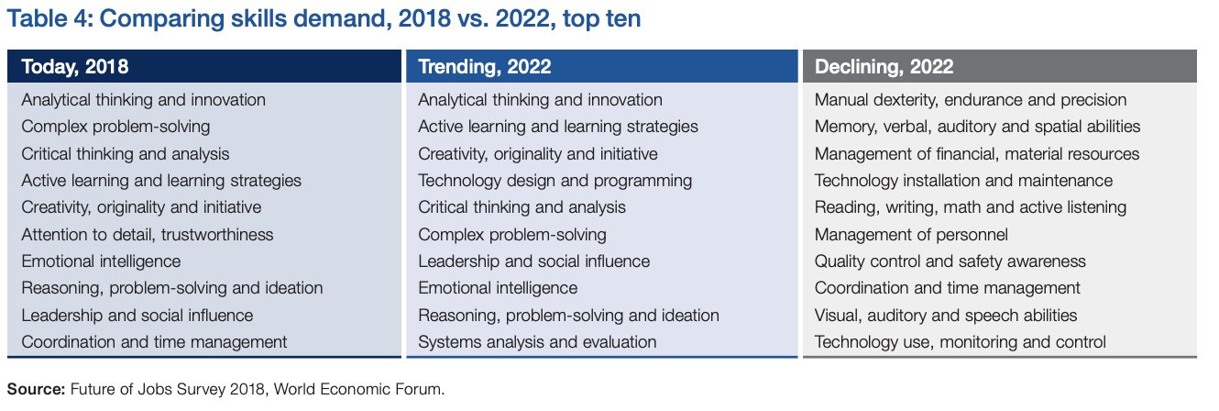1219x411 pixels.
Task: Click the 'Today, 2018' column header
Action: click(x=75, y=66)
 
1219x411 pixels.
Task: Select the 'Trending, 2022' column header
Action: click(x=484, y=66)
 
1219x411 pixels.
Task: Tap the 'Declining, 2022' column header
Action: click(x=884, y=66)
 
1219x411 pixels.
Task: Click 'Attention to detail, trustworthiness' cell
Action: click(x=147, y=235)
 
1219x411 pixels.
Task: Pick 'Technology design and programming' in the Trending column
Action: click(x=555, y=181)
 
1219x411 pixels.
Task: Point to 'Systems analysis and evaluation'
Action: click(x=537, y=342)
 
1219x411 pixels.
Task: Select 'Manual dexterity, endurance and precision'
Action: click(x=971, y=100)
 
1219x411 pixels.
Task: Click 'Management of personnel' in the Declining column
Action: click(x=911, y=235)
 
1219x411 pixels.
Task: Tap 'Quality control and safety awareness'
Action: click(x=950, y=261)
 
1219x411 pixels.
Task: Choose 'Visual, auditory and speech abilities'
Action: click(x=945, y=316)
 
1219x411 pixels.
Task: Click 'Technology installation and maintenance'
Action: click(x=963, y=181)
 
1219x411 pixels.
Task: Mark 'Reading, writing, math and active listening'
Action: click(x=971, y=207)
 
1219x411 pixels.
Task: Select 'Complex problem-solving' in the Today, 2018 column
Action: click(x=115, y=127)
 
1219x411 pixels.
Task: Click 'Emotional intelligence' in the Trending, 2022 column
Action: click(x=498, y=288)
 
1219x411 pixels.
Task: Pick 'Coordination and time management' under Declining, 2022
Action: click(x=947, y=288)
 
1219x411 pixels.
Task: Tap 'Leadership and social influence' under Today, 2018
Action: click(x=137, y=316)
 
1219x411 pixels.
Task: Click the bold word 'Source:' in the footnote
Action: click(x=36, y=389)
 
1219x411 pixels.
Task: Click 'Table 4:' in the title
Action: click(x=50, y=18)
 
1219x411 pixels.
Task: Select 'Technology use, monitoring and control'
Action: click(x=960, y=342)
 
